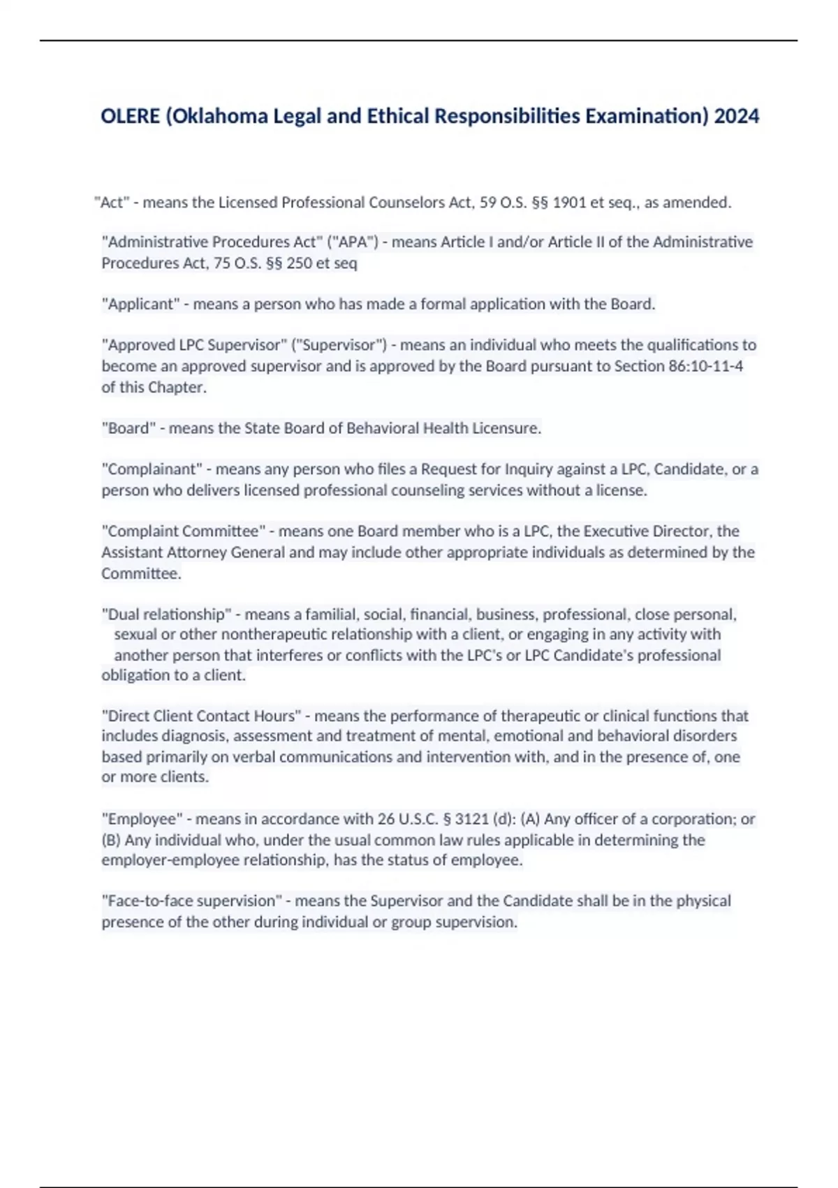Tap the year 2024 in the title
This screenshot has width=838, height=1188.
coord(737,115)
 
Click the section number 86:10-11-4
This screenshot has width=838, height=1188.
coord(705,366)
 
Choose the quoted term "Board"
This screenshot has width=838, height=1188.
coord(128,428)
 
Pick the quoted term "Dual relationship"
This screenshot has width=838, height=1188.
coord(166,614)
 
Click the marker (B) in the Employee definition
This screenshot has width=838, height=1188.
coord(112,840)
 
